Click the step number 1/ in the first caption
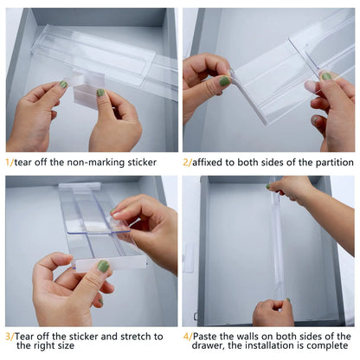click(10, 162)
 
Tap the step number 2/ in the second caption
click(188, 162)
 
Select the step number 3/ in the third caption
click(10, 336)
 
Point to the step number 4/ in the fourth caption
click(188, 336)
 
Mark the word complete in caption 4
click(329, 348)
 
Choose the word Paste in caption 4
click(208, 336)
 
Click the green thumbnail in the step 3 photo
click(102, 267)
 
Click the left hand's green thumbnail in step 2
click(224, 81)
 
